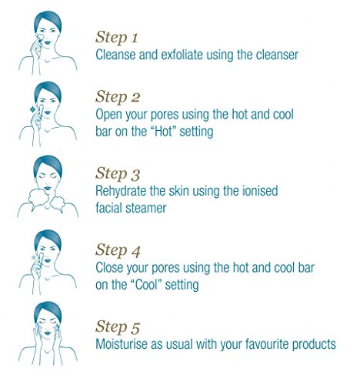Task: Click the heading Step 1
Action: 117,37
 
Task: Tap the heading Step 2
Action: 118,97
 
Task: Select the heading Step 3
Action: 118,173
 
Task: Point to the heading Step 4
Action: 118,250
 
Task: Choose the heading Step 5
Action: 118,326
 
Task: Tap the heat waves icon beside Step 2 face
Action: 32,109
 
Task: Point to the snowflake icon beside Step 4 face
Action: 33,257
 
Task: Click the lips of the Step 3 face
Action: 48,188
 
